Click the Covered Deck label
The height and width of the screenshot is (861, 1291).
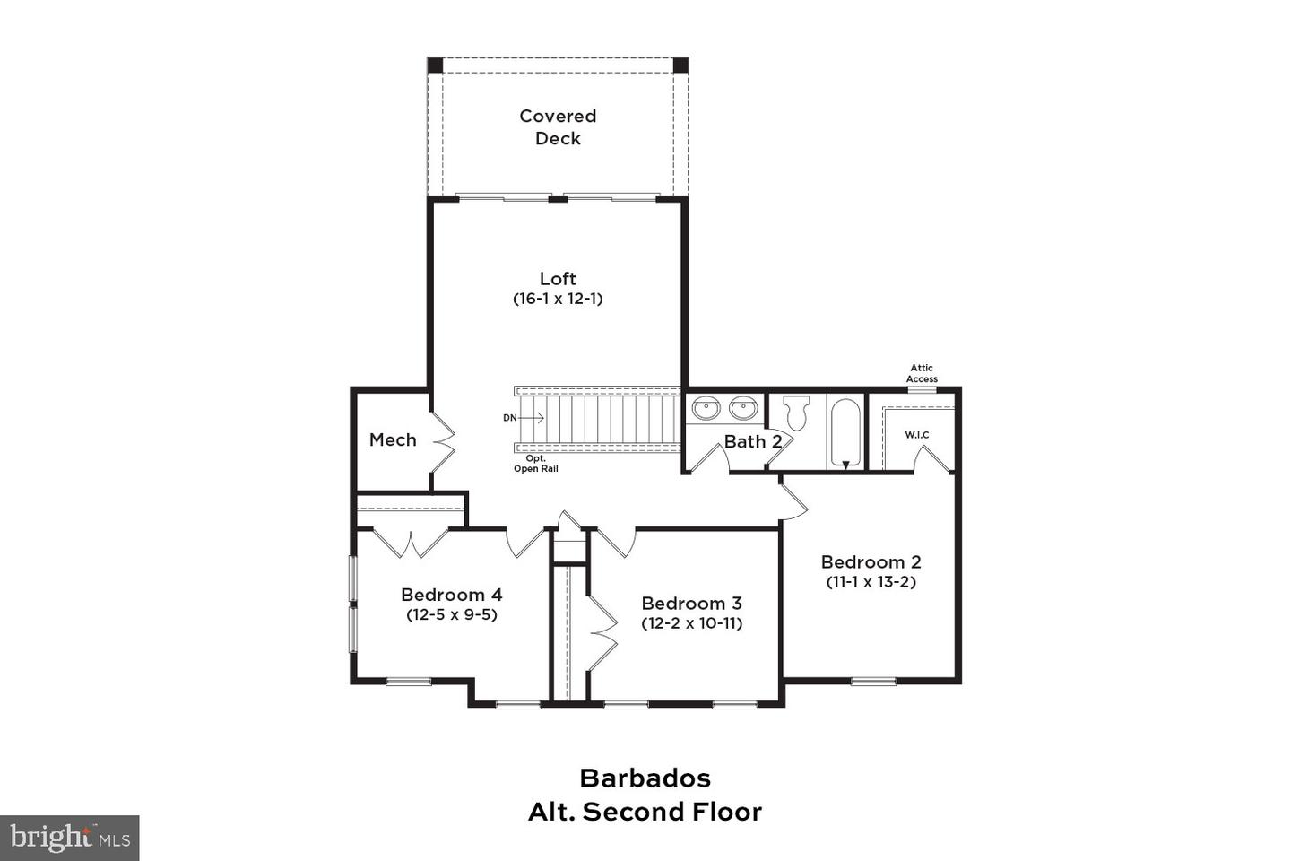558,127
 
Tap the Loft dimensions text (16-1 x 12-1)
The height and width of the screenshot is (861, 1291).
558,299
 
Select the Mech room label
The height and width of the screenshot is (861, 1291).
393,440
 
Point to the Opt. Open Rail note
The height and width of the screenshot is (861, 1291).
535,464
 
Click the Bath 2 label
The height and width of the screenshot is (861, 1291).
752,441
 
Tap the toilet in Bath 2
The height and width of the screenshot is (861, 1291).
796,413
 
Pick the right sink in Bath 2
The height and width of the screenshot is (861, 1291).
743,409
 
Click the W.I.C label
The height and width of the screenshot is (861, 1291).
916,435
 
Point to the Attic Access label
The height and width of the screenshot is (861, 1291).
922,373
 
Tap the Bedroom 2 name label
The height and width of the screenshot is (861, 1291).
871,562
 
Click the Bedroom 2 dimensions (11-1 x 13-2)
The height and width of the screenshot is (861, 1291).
871,582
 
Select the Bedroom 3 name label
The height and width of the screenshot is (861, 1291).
691,604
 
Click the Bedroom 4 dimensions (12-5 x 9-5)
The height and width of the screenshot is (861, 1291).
451,614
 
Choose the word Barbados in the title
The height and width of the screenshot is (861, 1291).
645,778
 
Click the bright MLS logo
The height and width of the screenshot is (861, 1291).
70,838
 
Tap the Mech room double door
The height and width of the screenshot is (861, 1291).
443,440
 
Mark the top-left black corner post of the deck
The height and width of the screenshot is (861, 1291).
435,65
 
